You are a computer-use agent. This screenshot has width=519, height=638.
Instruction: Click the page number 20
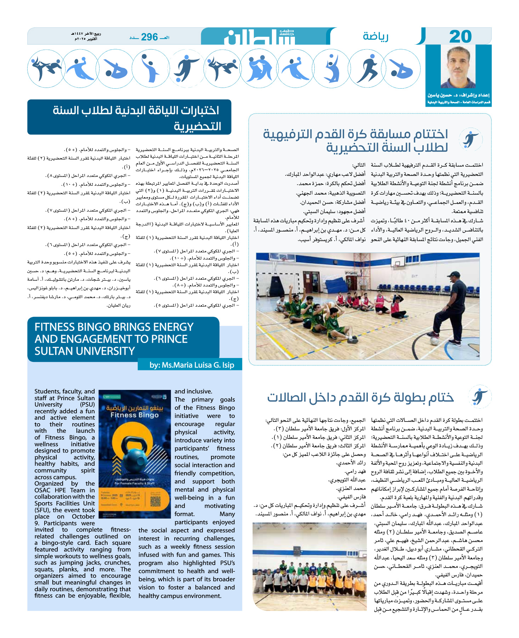[x=460, y=37]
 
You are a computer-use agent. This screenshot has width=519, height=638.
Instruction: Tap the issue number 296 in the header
[x=149, y=37]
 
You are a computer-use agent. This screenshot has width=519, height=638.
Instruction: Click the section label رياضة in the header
[x=375, y=36]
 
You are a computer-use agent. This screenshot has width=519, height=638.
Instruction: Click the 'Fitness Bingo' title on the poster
[x=134, y=415]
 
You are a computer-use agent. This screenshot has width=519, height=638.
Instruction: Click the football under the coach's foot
[x=434, y=341]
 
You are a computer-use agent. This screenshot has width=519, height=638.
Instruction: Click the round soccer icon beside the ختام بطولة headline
[x=479, y=397]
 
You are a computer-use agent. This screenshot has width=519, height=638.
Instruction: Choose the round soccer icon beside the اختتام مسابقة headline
[x=470, y=139]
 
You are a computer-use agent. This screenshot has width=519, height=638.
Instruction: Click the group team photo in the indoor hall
[x=309, y=566]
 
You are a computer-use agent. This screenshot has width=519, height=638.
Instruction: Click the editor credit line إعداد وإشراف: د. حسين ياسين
[x=458, y=95]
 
